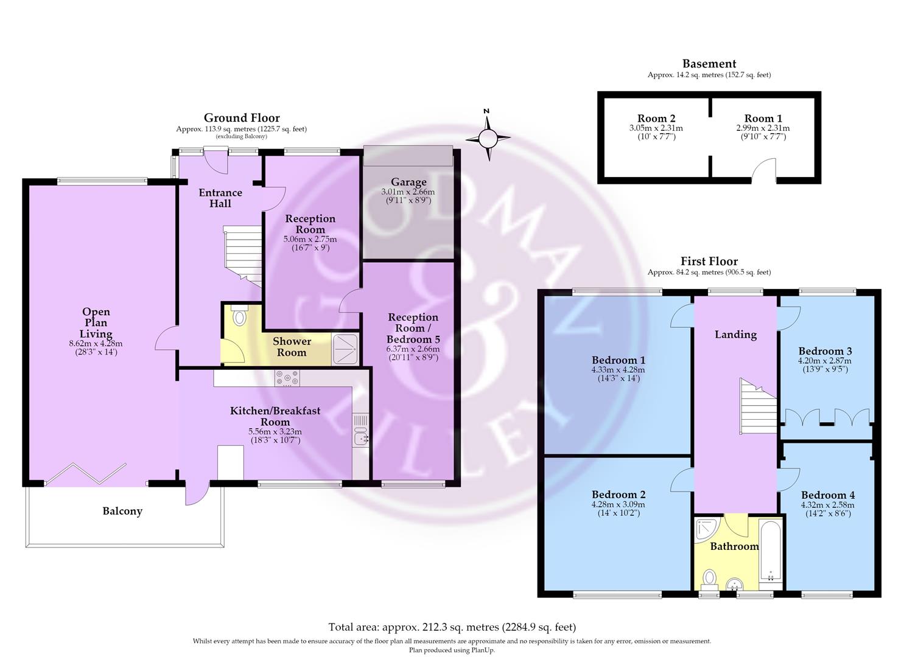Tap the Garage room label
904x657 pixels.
408,182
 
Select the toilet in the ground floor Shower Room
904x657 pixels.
239,315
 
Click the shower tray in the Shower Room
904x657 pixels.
345,349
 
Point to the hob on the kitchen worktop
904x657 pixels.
287,378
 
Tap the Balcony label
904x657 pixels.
122,512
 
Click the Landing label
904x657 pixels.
735,335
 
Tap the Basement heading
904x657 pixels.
709,64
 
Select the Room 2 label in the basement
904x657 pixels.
656,119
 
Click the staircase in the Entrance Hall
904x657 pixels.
242,255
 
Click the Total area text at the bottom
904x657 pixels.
452,627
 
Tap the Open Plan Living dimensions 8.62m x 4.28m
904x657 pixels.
96,344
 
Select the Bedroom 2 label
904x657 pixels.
618,494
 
